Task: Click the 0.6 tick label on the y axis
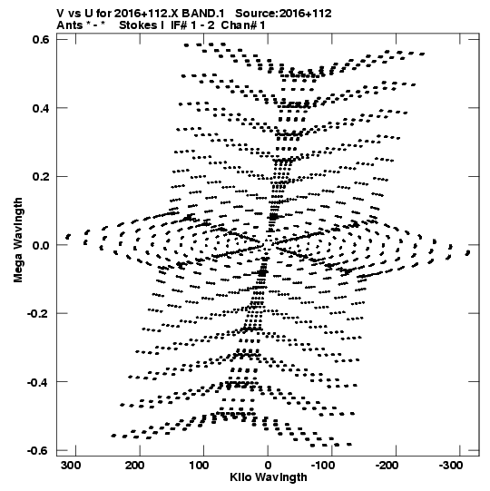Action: tap(41, 40)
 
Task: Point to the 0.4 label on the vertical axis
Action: tap(41, 108)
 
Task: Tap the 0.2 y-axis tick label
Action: tap(41, 177)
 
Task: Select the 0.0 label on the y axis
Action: tap(41, 245)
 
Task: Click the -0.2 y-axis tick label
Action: tap(39, 313)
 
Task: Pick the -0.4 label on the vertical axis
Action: tap(39, 382)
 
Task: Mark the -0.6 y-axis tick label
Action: tap(39, 450)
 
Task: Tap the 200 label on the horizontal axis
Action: tap(136, 466)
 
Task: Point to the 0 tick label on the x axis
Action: tap(268, 466)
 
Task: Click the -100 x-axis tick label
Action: tap(322, 466)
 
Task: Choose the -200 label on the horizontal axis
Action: tap(387, 466)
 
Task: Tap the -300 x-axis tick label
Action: tap(451, 466)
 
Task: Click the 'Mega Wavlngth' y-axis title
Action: tap(18, 241)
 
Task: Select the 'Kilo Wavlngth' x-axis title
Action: tap(269, 477)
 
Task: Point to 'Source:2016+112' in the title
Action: tap(283, 14)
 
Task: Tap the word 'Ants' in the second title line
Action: tap(69, 25)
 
